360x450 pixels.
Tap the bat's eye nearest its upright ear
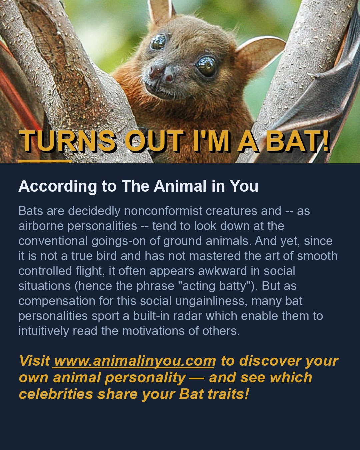pos(158,42)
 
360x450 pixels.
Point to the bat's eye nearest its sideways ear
pos(206,66)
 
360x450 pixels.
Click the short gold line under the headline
pos(45,161)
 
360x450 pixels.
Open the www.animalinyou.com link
pos(134,361)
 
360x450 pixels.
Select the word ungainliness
pos(211,301)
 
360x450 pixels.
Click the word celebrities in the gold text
pos(56,394)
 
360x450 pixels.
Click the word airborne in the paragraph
pos(41,226)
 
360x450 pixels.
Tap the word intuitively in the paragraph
pos(44,331)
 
